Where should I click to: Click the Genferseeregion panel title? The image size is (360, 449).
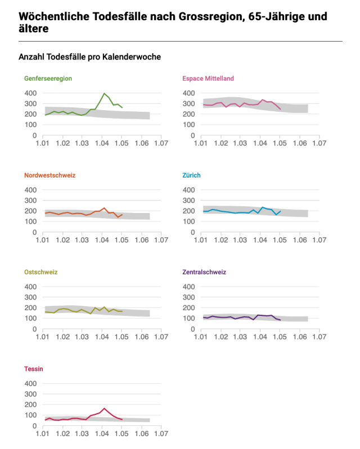48,78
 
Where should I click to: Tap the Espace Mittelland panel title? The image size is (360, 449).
208,78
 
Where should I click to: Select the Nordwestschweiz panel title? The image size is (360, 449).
49,175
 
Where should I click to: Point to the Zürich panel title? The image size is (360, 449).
192,175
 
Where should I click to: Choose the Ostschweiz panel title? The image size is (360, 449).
41,272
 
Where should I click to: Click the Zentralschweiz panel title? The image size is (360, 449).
204,272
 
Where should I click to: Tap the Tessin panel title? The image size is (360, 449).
34,369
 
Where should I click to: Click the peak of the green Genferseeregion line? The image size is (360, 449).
104,93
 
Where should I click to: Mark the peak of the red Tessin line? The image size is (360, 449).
104,409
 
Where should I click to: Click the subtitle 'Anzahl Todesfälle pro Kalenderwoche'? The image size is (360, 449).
90,57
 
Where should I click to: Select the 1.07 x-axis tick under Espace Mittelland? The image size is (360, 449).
319,143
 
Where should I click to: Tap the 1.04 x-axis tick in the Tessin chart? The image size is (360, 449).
102,434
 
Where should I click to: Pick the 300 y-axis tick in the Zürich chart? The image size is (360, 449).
190,200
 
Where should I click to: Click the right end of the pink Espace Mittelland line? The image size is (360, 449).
280,109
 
